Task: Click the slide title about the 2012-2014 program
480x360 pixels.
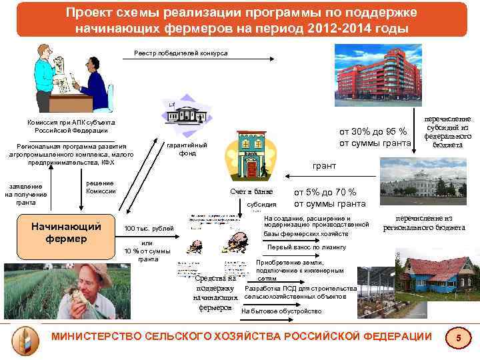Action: click(x=241, y=21)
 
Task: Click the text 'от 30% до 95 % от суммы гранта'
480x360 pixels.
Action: click(x=375, y=137)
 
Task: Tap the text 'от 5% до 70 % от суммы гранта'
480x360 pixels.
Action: click(x=329, y=198)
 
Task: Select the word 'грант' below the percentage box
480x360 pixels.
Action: click(x=325, y=165)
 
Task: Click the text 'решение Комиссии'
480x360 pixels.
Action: click(x=101, y=187)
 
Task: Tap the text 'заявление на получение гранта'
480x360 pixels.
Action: click(x=26, y=194)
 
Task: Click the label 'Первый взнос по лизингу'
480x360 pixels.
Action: click(x=307, y=247)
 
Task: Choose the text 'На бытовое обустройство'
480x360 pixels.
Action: click(x=281, y=311)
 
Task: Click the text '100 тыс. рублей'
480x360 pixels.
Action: click(x=149, y=229)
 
